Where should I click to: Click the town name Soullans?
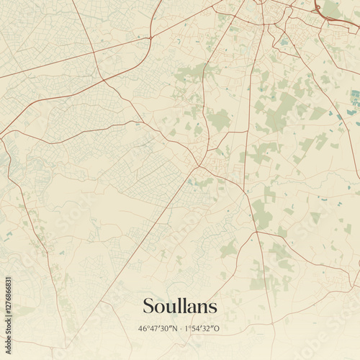(180, 306)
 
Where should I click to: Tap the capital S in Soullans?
(149, 306)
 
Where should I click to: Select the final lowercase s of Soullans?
(212, 307)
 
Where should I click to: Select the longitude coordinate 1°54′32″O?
(203, 329)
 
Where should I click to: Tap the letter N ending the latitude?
(174, 329)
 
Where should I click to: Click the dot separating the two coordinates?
(180, 329)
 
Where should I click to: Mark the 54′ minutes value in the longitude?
(198, 329)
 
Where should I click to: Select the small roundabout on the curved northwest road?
(151, 36)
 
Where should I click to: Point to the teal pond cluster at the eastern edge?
(354, 101)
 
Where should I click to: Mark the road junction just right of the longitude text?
(238, 328)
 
